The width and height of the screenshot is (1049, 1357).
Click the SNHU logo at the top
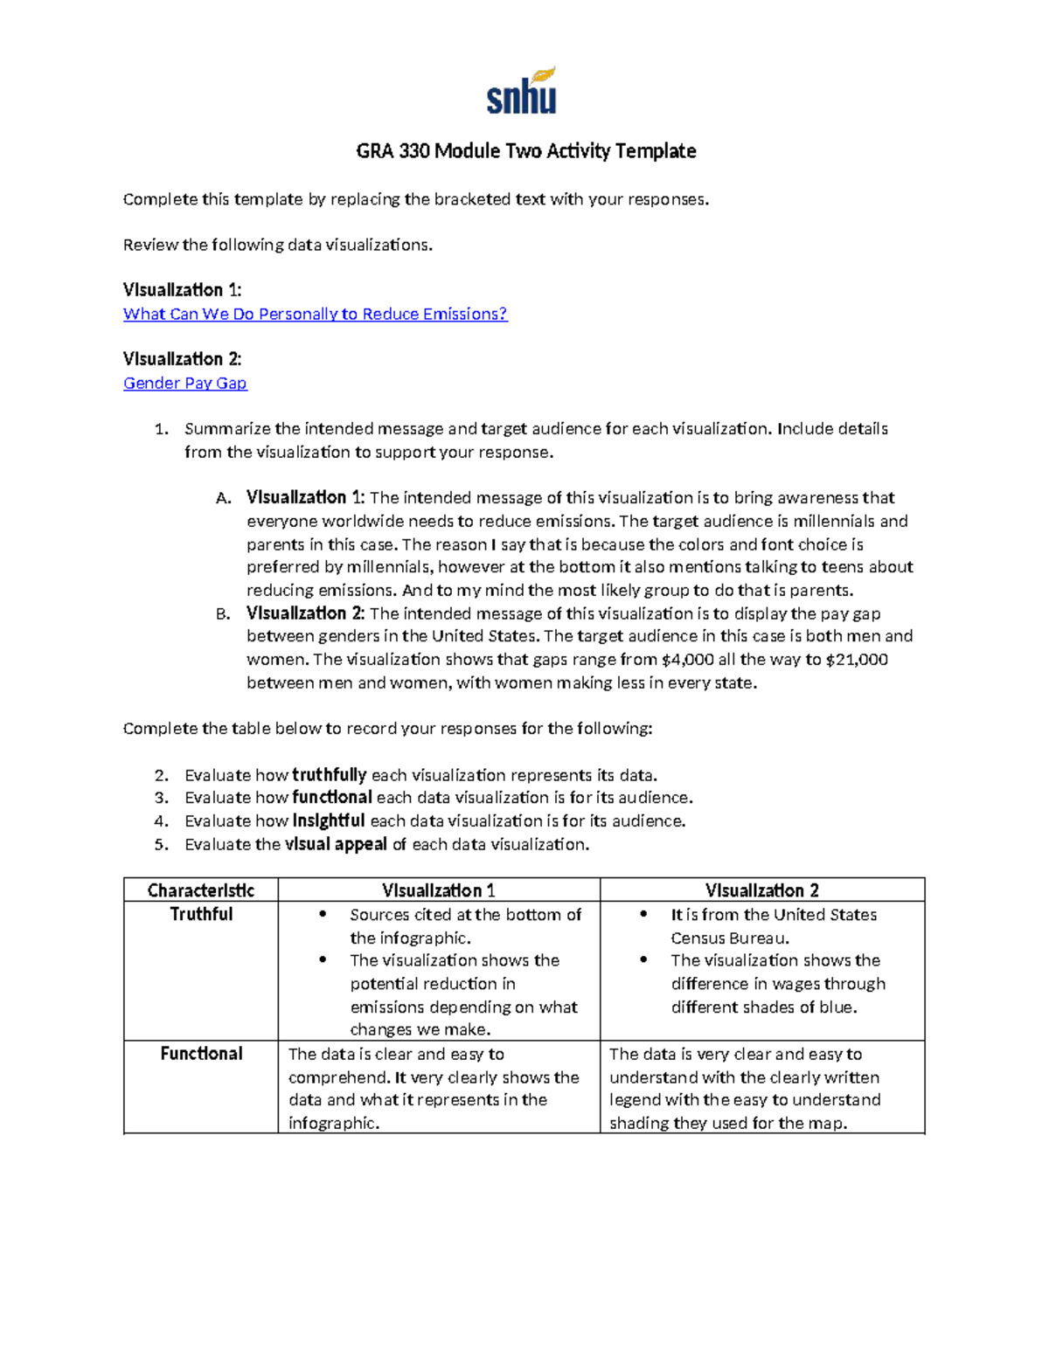coord(522,92)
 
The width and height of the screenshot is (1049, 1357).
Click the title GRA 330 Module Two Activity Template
coord(525,151)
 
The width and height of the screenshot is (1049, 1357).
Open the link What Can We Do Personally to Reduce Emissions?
coord(315,314)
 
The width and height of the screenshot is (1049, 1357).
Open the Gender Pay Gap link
coord(184,383)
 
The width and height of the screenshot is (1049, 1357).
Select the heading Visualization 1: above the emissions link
coord(182,290)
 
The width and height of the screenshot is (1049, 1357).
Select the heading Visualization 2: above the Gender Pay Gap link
coord(182,359)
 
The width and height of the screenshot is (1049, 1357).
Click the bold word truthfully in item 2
coord(329,775)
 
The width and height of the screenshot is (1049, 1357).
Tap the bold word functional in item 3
coord(332,798)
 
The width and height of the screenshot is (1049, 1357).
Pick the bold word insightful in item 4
coord(328,821)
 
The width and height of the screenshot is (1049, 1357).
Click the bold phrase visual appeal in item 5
coord(336,844)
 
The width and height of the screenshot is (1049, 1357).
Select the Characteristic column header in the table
coord(201,890)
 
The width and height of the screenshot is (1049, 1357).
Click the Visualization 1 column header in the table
coord(439,890)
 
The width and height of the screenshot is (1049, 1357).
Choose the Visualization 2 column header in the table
coord(761,890)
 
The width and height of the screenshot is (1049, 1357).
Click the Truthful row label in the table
coord(201,914)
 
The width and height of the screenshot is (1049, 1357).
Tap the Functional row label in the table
coord(201,1054)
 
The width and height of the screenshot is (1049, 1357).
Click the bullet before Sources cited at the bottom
coord(323,914)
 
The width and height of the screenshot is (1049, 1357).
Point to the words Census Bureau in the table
coord(730,938)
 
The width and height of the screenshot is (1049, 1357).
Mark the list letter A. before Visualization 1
coord(223,499)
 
